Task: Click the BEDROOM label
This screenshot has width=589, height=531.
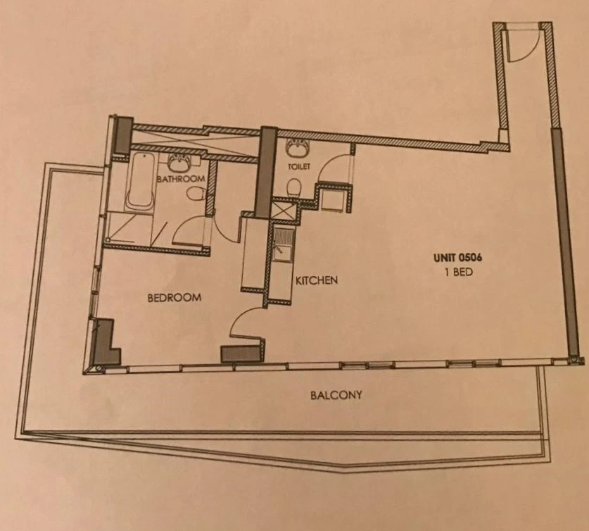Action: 175,298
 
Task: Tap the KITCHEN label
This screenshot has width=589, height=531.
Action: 316,280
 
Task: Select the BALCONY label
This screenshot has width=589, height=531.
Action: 336,395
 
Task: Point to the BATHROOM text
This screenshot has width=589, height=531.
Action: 181,178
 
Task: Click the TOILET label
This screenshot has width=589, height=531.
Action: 299,166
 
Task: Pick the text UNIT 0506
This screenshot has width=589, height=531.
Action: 458,258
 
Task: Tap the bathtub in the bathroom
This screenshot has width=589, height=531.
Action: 141,181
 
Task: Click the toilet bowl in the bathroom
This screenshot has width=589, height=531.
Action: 195,194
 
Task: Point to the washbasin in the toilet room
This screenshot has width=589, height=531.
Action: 298,149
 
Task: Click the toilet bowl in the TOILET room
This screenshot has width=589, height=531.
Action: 294,187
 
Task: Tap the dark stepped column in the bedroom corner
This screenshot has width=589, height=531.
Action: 106,342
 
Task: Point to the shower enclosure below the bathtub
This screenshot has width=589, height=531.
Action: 129,227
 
